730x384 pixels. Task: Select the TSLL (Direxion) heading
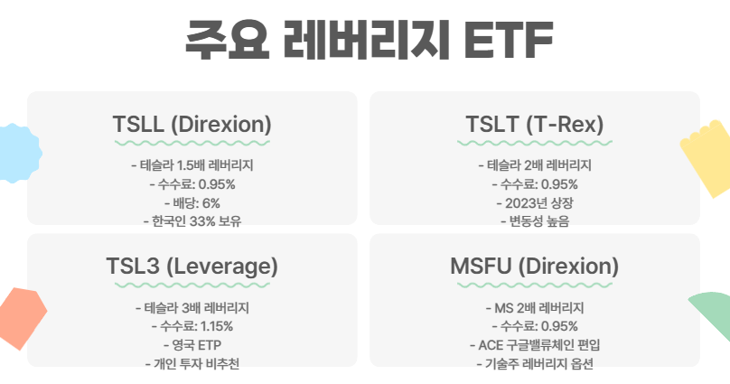[x=192, y=124]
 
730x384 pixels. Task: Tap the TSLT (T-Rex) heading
[x=534, y=124]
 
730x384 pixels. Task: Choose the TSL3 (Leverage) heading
[x=192, y=267]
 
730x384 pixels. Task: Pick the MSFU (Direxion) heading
[x=534, y=267]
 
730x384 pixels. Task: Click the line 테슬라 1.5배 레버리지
[x=192, y=166]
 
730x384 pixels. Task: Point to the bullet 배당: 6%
[x=192, y=202]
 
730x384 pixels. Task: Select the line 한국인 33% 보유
[x=192, y=220]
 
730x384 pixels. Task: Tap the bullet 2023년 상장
[x=534, y=202]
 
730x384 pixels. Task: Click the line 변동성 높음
[x=534, y=220]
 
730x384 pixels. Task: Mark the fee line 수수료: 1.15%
[x=192, y=326]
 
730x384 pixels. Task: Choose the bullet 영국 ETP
[x=192, y=344]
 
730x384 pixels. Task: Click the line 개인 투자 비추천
[x=192, y=362]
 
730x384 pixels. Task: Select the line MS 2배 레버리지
[x=534, y=308]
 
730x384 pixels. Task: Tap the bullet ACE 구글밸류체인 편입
[x=534, y=344]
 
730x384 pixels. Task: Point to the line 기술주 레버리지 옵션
[x=534, y=362]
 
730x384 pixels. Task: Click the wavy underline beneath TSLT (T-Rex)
[x=534, y=143]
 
